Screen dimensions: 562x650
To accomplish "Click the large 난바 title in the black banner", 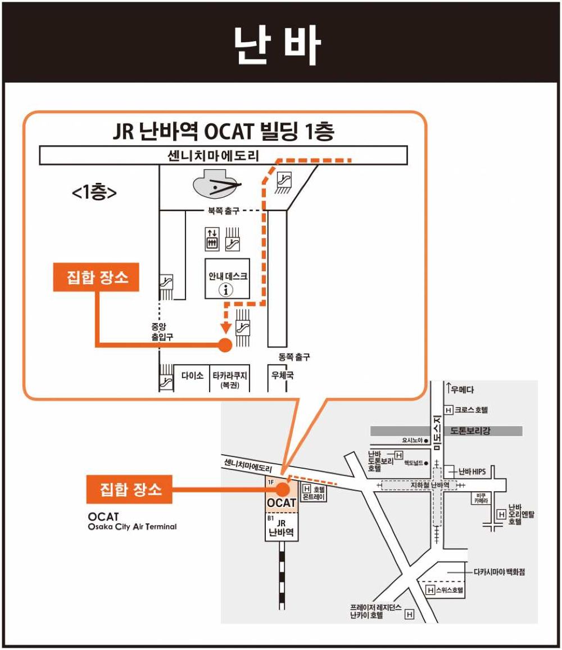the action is point(277,45).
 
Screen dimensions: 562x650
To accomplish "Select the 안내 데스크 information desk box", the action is point(227,279).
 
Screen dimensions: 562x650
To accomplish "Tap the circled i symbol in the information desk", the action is point(225,290).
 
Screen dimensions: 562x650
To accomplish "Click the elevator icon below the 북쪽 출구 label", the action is point(212,239).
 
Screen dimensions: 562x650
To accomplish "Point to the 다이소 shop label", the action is point(192,375).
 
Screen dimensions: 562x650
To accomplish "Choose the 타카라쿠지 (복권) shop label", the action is point(230,379).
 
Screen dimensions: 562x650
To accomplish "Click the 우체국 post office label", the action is point(282,375).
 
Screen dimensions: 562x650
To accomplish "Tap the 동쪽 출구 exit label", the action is point(294,357).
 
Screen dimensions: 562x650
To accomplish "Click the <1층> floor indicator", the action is point(94,192).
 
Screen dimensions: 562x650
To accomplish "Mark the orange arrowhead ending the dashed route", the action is point(225,328).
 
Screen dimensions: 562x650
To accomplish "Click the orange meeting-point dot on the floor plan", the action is point(225,344).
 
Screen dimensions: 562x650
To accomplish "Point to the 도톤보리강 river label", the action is point(470,431).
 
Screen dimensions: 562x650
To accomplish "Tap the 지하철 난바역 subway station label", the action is point(429,485).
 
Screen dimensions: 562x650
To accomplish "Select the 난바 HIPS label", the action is point(472,472).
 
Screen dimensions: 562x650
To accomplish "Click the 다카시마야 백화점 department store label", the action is point(500,572).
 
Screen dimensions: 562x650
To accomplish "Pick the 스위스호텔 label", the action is point(450,590).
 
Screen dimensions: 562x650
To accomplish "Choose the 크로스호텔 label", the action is point(472,410).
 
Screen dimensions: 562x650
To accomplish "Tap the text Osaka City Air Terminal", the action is point(132,527).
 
